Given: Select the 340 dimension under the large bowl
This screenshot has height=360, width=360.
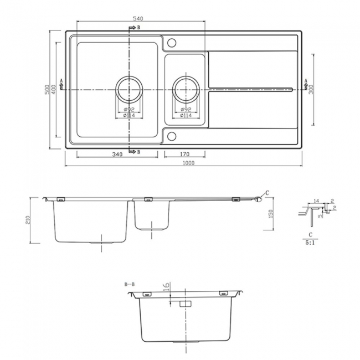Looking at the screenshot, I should point(117,155).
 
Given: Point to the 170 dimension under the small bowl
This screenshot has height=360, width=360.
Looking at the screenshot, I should point(186,155).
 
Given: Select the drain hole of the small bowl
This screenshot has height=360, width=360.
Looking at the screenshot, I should point(186,88).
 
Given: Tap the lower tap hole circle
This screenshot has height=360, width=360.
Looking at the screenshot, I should point(171,135).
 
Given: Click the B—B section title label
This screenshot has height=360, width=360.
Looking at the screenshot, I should point(131,285).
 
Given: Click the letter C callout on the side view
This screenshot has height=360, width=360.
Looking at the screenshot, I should point(267,192).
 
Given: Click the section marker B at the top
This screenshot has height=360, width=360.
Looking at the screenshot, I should point(138,27).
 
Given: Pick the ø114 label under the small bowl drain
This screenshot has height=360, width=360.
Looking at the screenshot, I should point(186,115).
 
